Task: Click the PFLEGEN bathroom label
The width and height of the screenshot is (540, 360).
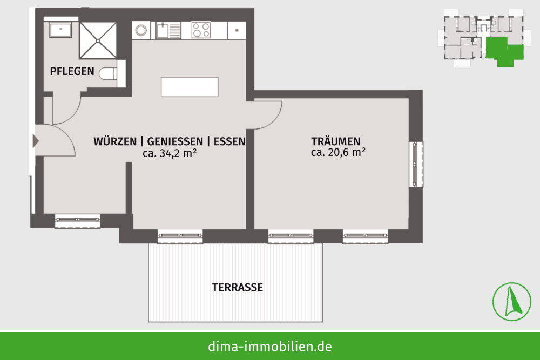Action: [72, 71]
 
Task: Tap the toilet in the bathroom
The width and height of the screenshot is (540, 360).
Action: [108, 73]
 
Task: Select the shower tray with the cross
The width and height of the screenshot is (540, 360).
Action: [98, 40]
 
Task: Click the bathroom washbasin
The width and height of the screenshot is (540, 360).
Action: [60, 30]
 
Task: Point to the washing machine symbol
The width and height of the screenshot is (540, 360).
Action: [141, 30]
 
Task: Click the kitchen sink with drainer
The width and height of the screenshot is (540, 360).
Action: [168, 30]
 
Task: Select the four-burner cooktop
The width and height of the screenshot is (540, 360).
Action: [201, 30]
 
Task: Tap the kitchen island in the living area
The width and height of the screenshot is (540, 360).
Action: [190, 87]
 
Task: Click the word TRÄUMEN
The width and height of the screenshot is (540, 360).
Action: [336, 141]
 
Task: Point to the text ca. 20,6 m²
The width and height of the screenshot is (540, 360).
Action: [338, 152]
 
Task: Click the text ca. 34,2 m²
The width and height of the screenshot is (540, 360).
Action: [170, 153]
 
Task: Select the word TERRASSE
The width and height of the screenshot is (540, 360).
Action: [238, 287]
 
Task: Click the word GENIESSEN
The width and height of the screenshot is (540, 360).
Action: [175, 141]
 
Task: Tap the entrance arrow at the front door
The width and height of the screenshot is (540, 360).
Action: [36, 141]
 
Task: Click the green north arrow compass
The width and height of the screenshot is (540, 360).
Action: [512, 302]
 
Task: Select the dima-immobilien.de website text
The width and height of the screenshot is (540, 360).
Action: [270, 346]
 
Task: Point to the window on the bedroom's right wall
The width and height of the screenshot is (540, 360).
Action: [416, 164]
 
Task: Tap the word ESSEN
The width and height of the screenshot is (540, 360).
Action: [230, 141]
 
